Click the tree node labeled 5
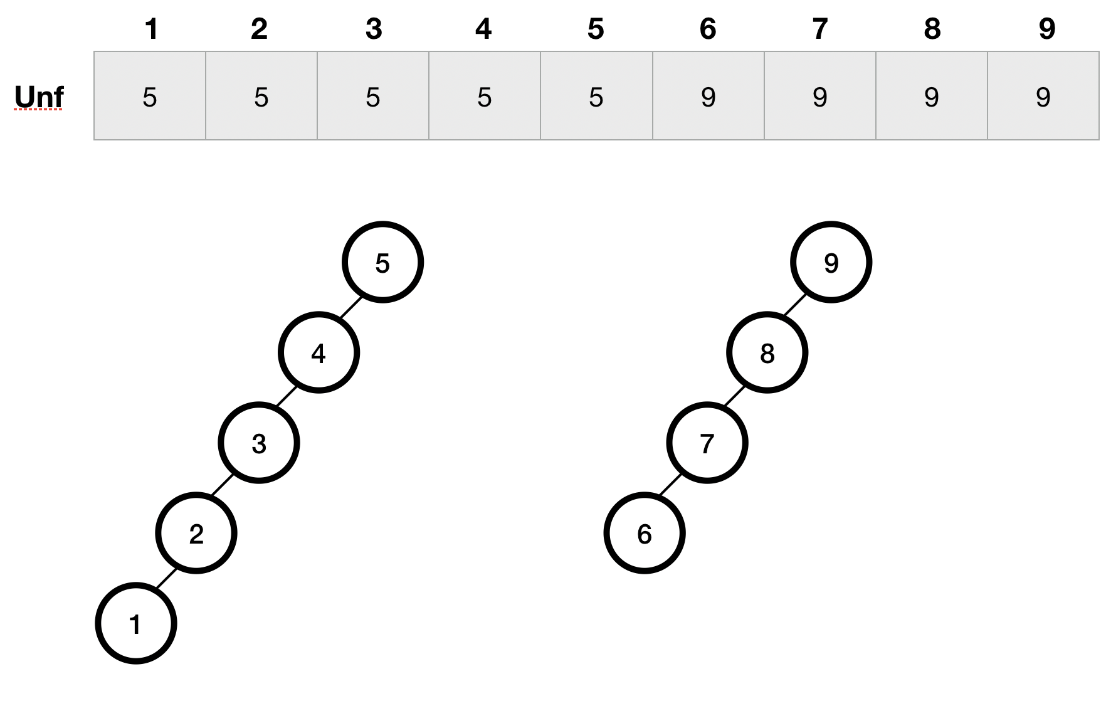pos(382,262)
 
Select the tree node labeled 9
pos(831,262)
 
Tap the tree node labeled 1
pos(136,623)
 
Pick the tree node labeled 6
pos(645,533)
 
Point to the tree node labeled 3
pos(259,443)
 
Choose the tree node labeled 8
pos(767,353)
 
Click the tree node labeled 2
pos(196,533)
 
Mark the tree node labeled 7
pos(707,443)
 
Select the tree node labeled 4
pos(319,353)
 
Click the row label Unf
pos(39,97)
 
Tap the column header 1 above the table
pos(150,29)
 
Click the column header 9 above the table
pos(1046,29)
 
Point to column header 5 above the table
pos(596,29)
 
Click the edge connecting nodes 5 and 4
pos(351,307)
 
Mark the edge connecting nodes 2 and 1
pos(166,579)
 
